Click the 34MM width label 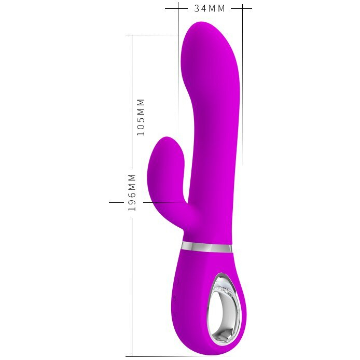click(x=210, y=8)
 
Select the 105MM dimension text click(x=141, y=117)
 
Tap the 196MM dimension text click(x=132, y=192)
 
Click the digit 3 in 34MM click(x=197, y=8)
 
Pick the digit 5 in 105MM click(x=141, y=120)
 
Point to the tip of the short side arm click(x=166, y=139)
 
